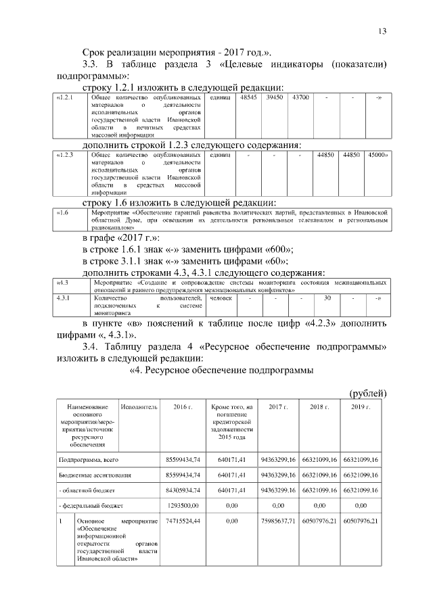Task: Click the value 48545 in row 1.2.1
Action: [x=248, y=98]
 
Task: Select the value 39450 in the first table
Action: [x=274, y=98]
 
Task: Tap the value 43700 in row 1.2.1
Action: [x=300, y=98]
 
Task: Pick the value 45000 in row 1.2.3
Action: [x=378, y=156]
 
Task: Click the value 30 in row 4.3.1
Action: [x=327, y=298]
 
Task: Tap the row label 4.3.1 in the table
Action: [x=65, y=298]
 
